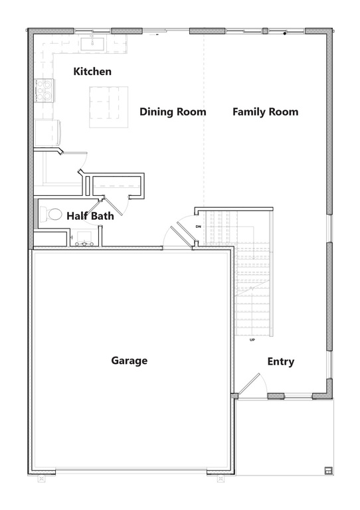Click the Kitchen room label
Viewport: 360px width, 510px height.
click(x=92, y=72)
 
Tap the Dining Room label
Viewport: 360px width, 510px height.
click(x=173, y=112)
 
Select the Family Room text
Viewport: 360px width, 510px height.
click(x=265, y=112)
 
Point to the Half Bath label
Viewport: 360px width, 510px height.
click(x=90, y=216)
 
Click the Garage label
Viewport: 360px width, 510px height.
click(x=129, y=361)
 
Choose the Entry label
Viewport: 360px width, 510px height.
click(x=280, y=362)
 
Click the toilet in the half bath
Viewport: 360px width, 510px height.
click(x=52, y=214)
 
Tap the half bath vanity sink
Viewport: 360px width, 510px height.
click(x=84, y=238)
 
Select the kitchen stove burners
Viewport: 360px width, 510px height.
click(x=44, y=90)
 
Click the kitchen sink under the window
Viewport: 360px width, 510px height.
click(x=93, y=44)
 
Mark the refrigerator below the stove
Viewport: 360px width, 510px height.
click(x=46, y=131)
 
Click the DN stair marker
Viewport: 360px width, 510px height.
click(x=198, y=226)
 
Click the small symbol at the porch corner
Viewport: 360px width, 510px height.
click(x=327, y=471)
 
